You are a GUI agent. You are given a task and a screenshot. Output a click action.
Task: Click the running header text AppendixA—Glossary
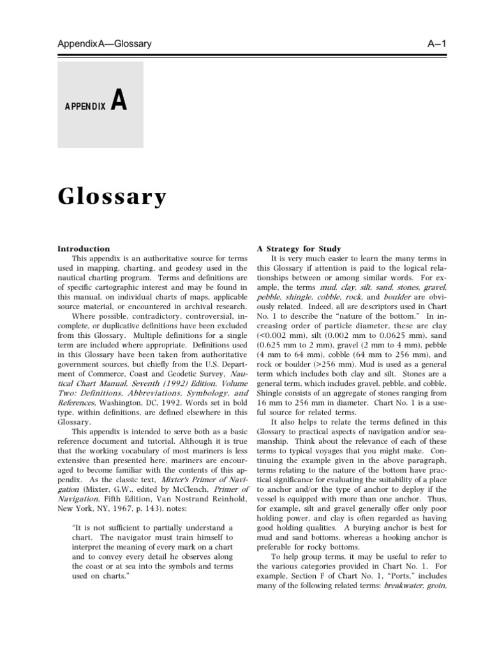(x=104, y=43)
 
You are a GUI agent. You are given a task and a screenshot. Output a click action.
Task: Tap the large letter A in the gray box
(x=119, y=101)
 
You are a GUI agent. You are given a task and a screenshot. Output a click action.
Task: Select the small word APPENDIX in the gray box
(x=84, y=105)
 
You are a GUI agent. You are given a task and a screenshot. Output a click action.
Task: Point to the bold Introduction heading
(x=84, y=248)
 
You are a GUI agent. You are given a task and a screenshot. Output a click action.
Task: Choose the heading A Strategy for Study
(x=299, y=248)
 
